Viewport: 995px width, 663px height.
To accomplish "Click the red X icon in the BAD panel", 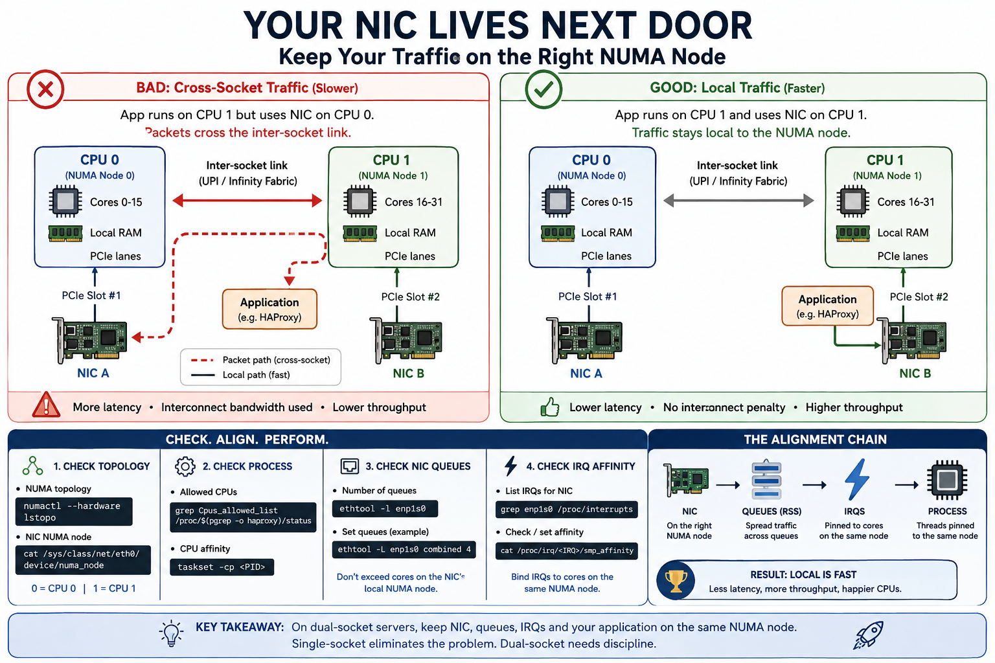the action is pos(45,89).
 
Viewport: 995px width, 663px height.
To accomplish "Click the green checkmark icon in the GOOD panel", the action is pos(543,89).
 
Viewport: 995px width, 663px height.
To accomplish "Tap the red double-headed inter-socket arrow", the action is pos(247,201).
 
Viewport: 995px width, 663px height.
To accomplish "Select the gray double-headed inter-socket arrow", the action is pos(738,201).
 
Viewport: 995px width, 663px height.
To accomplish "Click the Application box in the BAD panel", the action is pos(269,309).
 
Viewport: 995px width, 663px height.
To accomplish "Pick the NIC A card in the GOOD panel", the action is pos(584,340).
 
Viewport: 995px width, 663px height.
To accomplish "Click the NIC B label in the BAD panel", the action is pos(408,374).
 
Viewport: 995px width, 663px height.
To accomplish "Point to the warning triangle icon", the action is pos(46,405).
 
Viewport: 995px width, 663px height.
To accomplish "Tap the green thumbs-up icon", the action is pos(549,407).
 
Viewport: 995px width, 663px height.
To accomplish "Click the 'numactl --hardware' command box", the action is pos(74,511).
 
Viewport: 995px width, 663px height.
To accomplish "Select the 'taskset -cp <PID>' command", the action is pos(222,567).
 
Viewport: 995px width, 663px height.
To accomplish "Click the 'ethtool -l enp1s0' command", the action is pos(385,508).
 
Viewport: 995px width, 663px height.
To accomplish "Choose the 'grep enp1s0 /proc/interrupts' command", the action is pos(566,510).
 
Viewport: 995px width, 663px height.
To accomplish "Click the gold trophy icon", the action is pos(676,580).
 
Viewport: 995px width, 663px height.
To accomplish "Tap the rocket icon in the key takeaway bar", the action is pos(869,635).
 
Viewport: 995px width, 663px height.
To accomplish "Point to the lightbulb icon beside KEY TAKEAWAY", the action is pos(172,633).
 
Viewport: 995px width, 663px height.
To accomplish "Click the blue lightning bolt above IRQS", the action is pos(856,480).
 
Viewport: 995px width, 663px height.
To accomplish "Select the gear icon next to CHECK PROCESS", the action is pos(185,466).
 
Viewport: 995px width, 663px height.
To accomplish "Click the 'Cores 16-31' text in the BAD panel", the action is pos(413,202).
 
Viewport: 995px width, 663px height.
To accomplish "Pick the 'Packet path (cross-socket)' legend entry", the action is pos(260,360).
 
